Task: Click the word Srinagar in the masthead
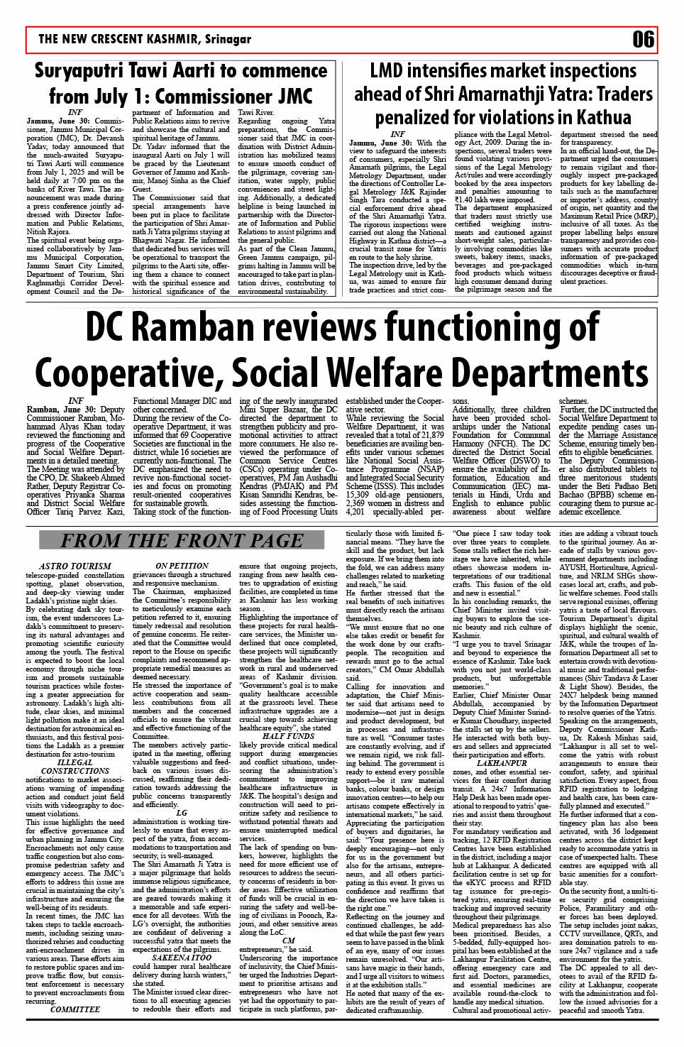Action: point(228,39)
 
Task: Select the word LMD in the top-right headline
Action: point(392,70)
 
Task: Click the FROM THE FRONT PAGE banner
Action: point(181,540)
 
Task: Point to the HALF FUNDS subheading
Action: point(288,736)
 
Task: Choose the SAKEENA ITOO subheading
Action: point(182,958)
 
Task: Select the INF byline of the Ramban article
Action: point(75,401)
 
